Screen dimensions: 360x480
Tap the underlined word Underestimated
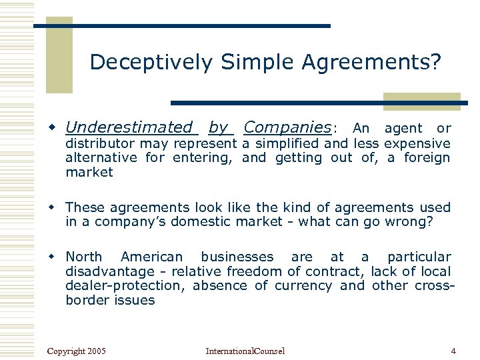129,127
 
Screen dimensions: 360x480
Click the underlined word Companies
287,127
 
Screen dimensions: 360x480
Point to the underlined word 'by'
218,127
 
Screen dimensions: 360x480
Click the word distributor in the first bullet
99,144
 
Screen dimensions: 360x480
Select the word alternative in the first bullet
101,158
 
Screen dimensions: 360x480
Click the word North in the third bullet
84,257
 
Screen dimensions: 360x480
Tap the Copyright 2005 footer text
77,351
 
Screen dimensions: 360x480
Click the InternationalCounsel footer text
245,351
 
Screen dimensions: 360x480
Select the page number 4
453,351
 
